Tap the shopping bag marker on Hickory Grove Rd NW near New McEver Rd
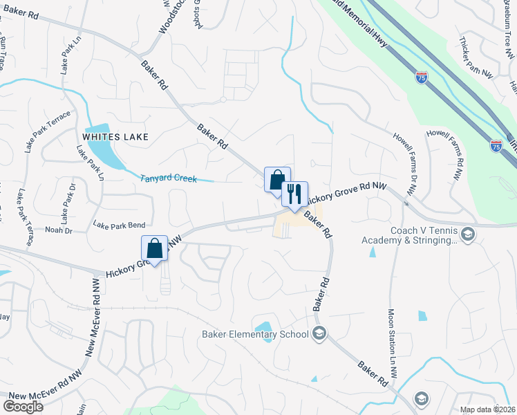(x=154, y=248)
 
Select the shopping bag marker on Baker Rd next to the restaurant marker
(x=277, y=181)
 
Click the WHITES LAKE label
(x=115, y=137)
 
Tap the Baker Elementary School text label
(x=255, y=335)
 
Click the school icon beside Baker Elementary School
(x=319, y=335)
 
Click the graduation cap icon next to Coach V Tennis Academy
(x=468, y=234)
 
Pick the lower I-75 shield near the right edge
(x=496, y=145)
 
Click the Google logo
(x=23, y=406)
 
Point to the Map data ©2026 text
(x=487, y=409)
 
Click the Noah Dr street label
(x=58, y=230)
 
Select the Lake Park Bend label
(x=119, y=225)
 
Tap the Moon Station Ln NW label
(x=392, y=343)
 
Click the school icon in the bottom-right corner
(x=420, y=398)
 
